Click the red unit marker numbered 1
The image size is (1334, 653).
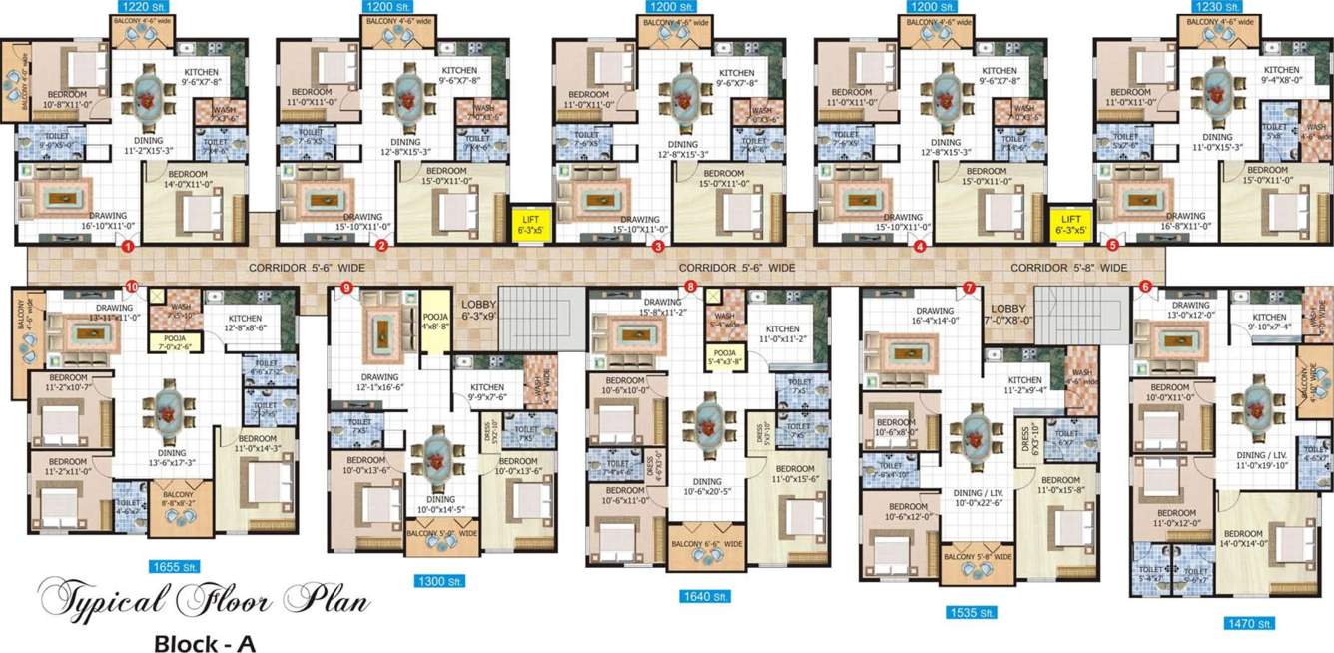pyautogui.click(x=127, y=246)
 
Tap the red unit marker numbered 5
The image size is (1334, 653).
pyautogui.click(x=1113, y=245)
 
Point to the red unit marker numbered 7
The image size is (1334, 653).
pyautogui.click(x=969, y=288)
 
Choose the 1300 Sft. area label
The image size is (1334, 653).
pyautogui.click(x=440, y=581)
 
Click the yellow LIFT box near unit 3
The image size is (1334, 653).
pyautogui.click(x=530, y=224)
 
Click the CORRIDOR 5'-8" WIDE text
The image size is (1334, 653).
pyautogui.click(x=1068, y=268)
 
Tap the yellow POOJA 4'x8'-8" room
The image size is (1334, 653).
pyautogui.click(x=434, y=320)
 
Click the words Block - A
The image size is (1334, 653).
pyautogui.click(x=205, y=644)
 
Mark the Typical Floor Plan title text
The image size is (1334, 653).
pyautogui.click(x=204, y=602)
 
